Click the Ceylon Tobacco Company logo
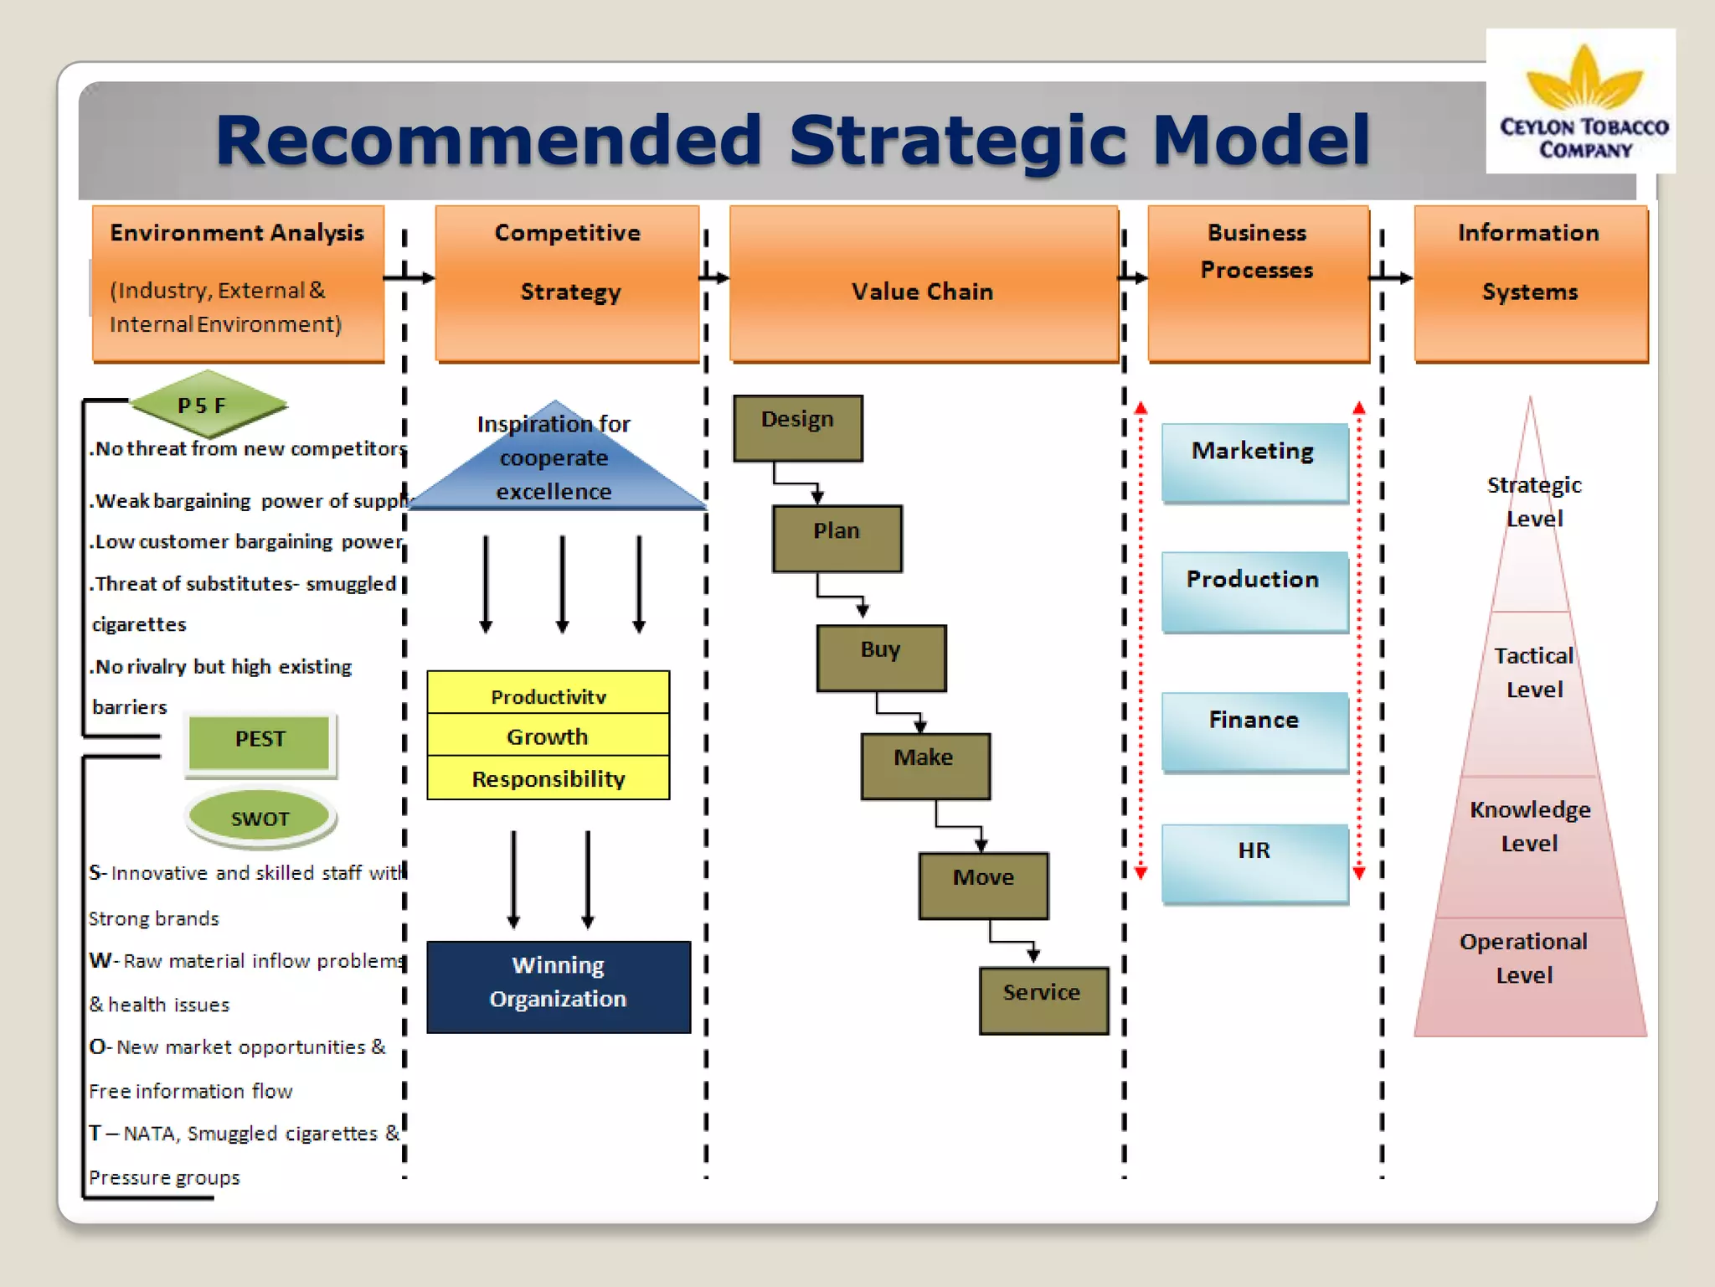[x=1581, y=101]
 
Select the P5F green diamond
[x=208, y=405]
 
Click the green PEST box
[x=260, y=741]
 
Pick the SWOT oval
[x=260, y=818]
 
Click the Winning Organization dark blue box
[x=559, y=985]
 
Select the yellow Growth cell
[x=548, y=736]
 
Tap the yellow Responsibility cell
[x=548, y=778]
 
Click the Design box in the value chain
[x=797, y=428]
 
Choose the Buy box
[x=881, y=658]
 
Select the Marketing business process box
[x=1254, y=461]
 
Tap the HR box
[x=1254, y=861]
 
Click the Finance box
[x=1254, y=730]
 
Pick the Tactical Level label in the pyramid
[x=1533, y=672]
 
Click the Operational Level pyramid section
[x=1527, y=972]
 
